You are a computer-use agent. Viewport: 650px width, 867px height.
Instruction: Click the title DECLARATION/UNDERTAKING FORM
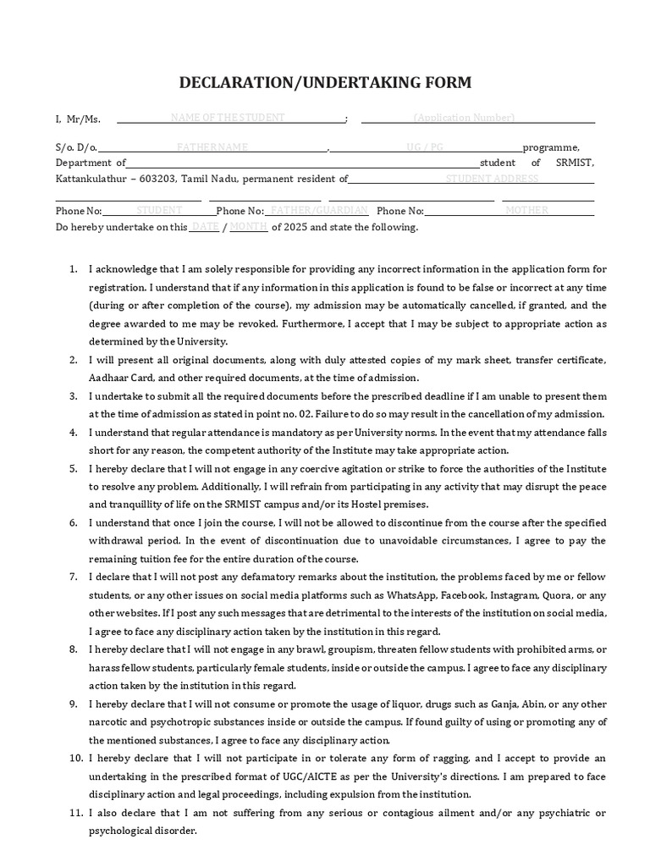pyautogui.click(x=325, y=82)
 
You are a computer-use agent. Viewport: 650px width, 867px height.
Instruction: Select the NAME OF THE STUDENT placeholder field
pyautogui.click(x=228, y=118)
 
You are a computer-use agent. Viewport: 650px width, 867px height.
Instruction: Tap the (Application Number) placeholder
pyautogui.click(x=464, y=118)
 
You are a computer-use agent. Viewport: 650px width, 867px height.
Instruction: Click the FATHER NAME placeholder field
pyautogui.click(x=212, y=147)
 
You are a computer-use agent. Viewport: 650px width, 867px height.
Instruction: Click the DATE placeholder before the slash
pyautogui.click(x=205, y=227)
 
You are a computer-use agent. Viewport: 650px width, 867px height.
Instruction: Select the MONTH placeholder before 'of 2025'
pyautogui.click(x=249, y=227)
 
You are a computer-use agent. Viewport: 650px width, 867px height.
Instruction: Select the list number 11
pyautogui.click(x=73, y=813)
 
